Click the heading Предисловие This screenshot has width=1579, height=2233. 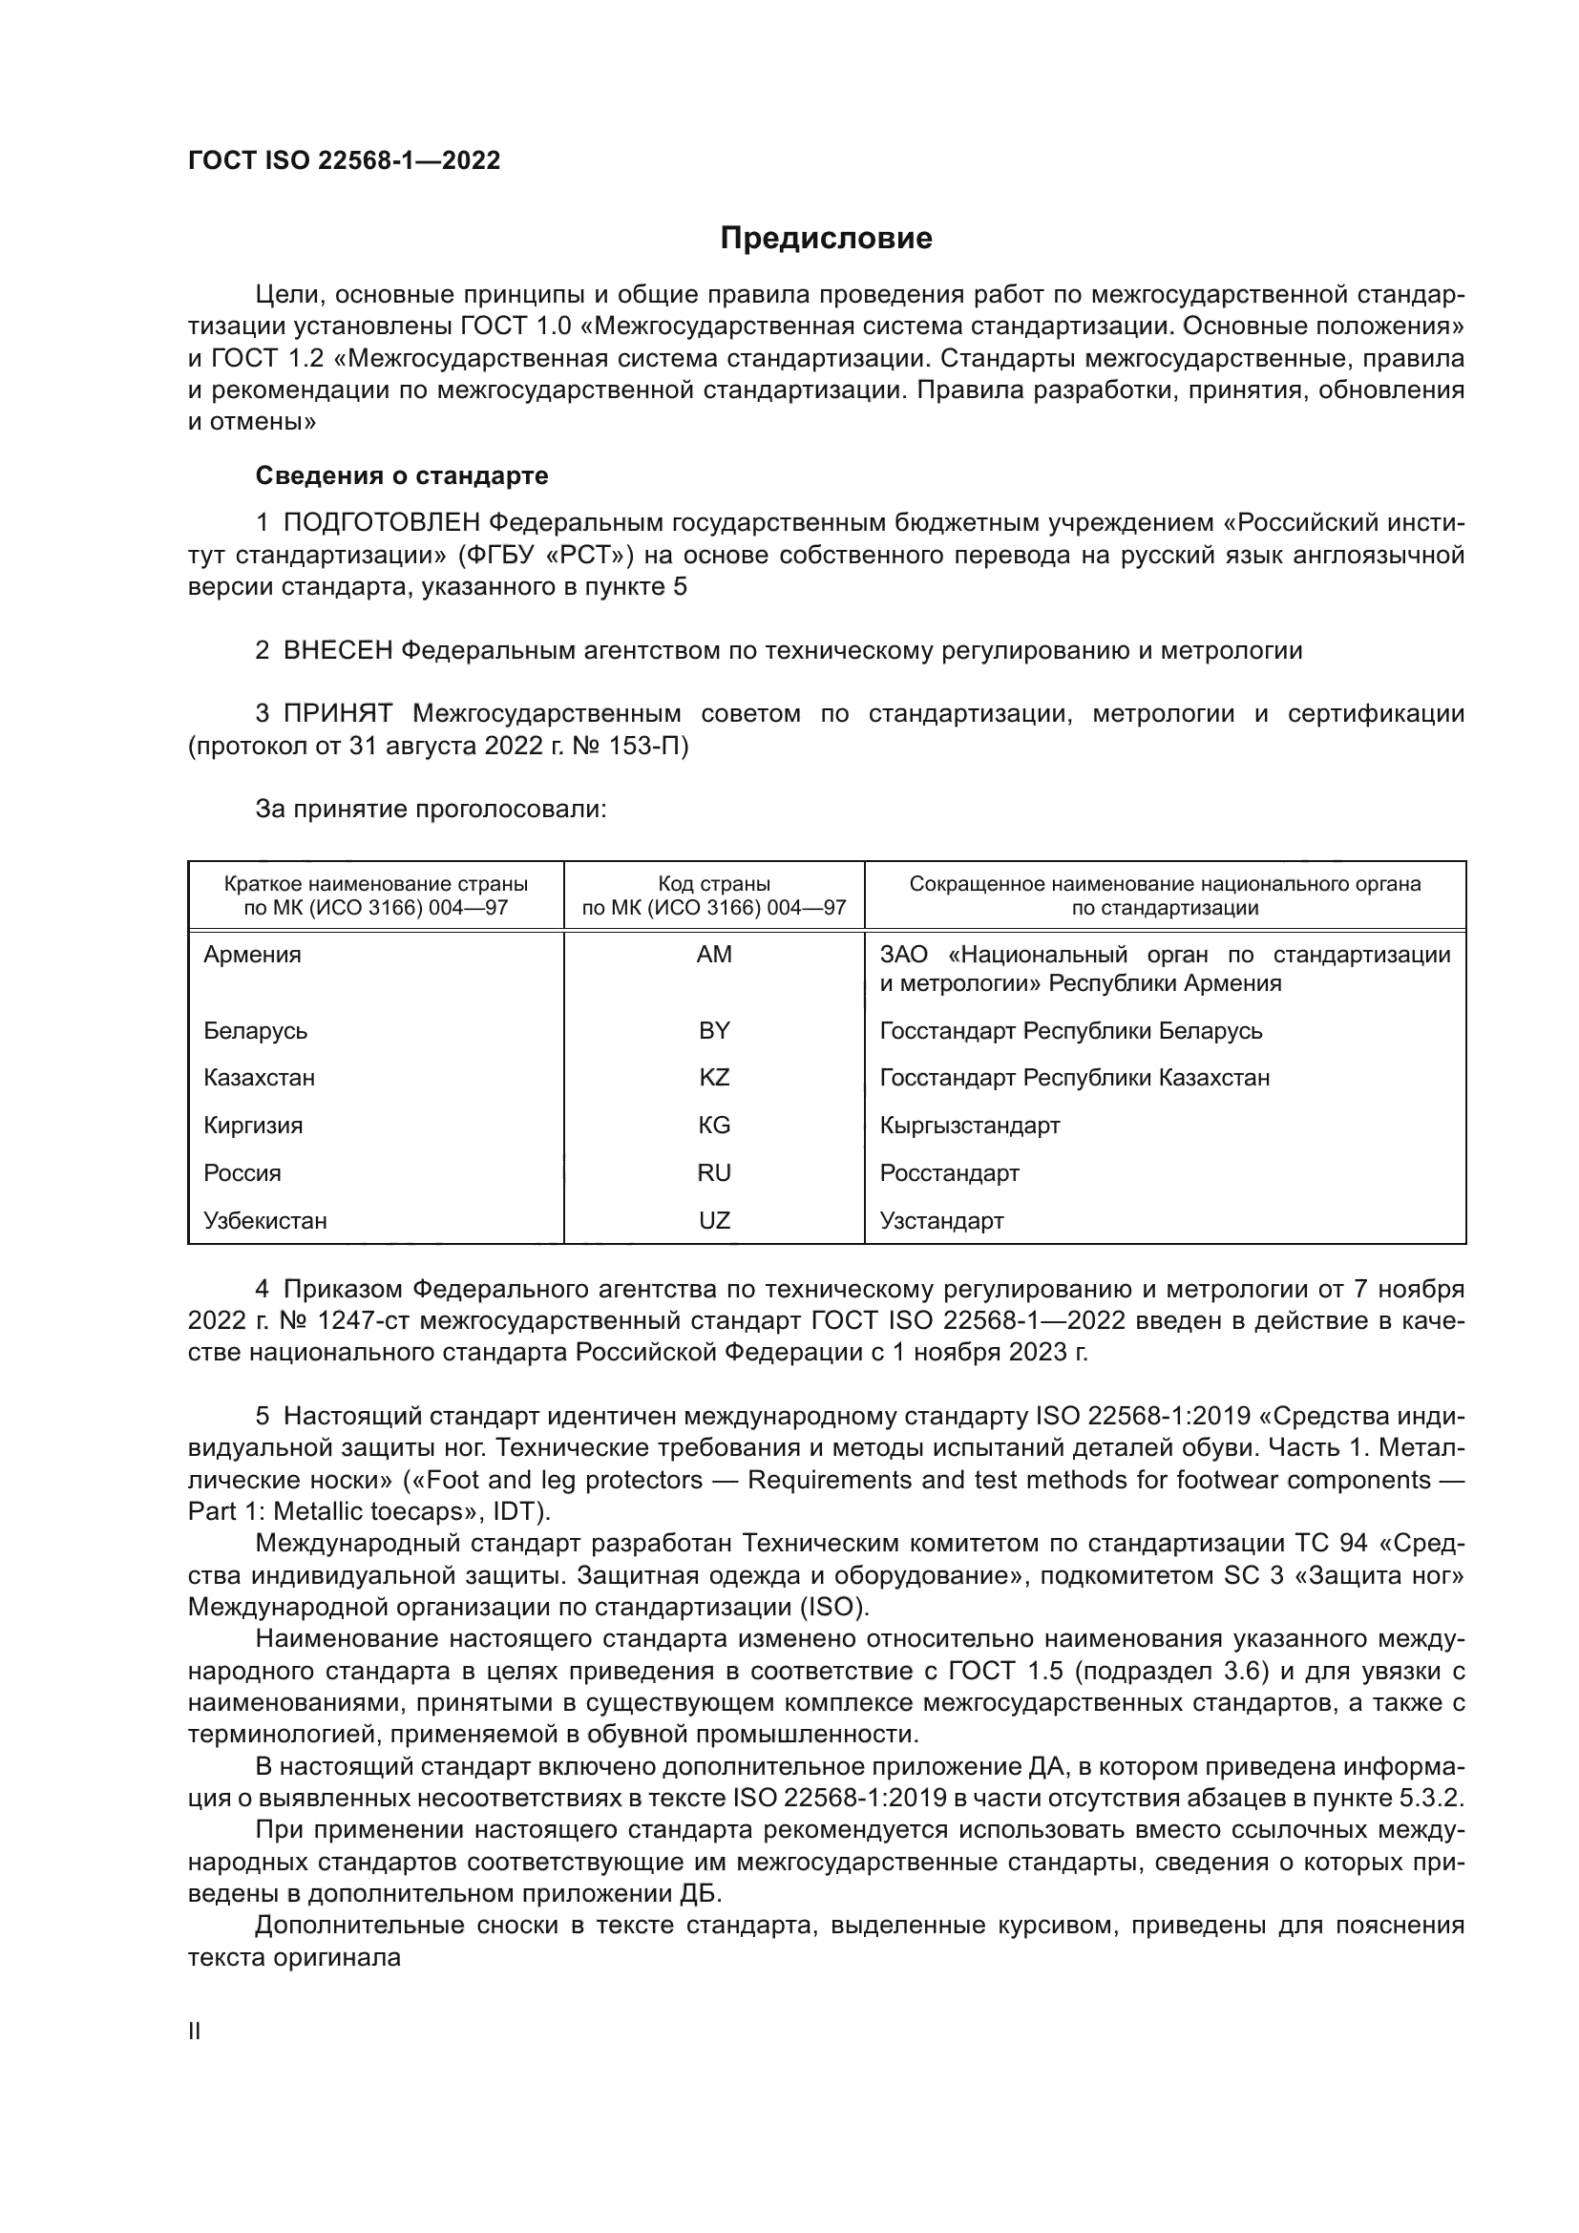(826, 239)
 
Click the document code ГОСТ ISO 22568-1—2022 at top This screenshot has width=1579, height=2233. (345, 161)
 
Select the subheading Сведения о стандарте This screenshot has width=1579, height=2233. (402, 475)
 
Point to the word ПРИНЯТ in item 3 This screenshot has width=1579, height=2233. (337, 714)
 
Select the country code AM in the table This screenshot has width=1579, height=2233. (714, 955)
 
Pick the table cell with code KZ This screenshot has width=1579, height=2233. (714, 1078)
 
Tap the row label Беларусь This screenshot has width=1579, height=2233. (256, 1031)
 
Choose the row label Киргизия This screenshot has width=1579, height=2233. (253, 1126)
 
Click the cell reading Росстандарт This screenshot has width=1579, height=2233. (949, 1173)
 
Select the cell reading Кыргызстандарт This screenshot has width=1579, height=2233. (969, 1126)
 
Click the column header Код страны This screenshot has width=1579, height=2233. (714, 884)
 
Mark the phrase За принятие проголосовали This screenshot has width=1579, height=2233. (431, 810)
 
